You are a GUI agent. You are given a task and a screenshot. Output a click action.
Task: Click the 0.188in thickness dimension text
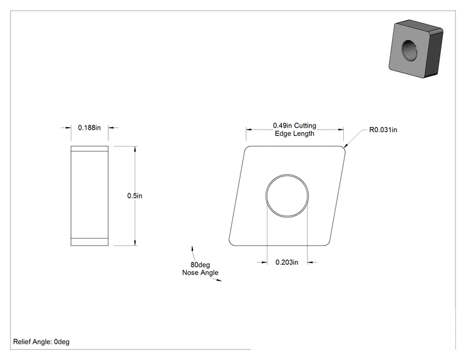pyautogui.click(x=89, y=128)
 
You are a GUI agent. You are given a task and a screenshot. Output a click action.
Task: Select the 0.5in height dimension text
pyautogui.click(x=135, y=196)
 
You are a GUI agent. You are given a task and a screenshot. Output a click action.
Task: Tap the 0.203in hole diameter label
pyautogui.click(x=287, y=262)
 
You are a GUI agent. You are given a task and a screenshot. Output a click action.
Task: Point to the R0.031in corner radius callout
pyautogui.click(x=383, y=130)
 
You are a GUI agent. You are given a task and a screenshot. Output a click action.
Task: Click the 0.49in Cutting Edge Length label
pyautogui.click(x=294, y=130)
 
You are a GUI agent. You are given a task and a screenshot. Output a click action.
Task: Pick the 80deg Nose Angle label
pyautogui.click(x=200, y=269)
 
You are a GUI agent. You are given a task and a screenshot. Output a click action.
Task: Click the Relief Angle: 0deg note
pyautogui.click(x=41, y=342)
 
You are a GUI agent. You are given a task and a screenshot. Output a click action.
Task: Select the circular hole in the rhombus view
pyautogui.click(x=287, y=174)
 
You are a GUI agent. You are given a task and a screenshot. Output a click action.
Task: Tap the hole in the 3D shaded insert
pyautogui.click(x=409, y=51)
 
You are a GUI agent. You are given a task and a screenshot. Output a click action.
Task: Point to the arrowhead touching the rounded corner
pyautogui.click(x=345, y=145)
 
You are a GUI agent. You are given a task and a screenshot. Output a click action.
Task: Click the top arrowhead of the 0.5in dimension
pyautogui.click(x=135, y=149)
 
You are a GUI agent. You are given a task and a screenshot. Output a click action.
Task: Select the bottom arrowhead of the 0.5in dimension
pyautogui.click(x=135, y=243)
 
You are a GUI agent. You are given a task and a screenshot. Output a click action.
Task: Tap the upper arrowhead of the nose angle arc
pyautogui.click(x=192, y=249)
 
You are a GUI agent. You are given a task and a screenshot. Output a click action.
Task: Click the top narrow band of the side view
pyautogui.click(x=90, y=148)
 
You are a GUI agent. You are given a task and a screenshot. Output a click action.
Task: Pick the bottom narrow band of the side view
pyautogui.click(x=90, y=242)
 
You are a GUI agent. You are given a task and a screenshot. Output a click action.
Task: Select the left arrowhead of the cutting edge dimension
pyautogui.click(x=249, y=130)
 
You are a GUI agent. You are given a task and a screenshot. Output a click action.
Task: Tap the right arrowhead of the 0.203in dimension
pyautogui.click(x=310, y=262)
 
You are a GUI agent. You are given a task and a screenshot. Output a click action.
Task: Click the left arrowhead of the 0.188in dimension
pyautogui.click(x=68, y=128)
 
